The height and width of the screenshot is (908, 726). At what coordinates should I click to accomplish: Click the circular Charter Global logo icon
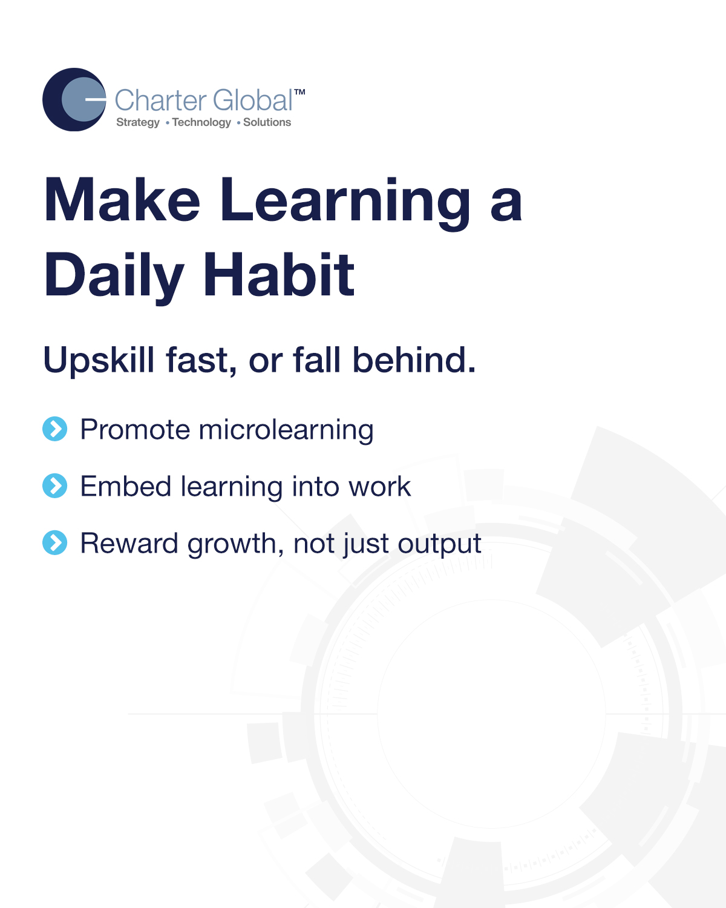coord(74,100)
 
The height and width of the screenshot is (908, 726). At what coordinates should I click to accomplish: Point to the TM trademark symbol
coord(299,93)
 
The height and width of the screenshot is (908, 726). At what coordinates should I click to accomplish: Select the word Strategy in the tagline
coord(138,122)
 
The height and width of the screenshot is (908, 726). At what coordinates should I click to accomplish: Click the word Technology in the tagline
coord(201,122)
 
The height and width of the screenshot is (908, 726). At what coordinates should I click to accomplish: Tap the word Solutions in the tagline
coord(267,122)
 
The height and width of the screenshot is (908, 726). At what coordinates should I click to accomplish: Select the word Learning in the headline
coord(345,200)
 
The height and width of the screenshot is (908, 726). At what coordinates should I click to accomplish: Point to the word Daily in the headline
coord(114,275)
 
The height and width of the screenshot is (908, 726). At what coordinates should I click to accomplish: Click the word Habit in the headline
coord(279,275)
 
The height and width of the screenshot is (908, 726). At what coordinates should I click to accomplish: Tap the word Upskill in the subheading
coord(99,361)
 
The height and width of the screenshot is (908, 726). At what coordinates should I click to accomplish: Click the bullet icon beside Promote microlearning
coord(55,429)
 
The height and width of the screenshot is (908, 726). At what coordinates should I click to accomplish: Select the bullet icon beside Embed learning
coord(55,486)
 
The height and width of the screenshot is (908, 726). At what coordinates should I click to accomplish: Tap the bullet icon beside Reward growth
coord(55,543)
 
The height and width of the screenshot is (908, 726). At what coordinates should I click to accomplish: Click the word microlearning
coord(286,430)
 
